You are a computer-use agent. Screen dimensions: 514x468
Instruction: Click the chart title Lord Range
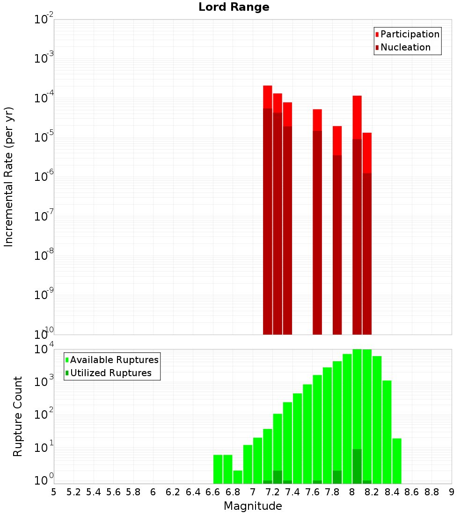pos(234,7)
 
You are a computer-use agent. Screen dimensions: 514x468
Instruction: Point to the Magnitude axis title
pos(253,506)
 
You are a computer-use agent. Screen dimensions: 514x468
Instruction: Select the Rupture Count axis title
pos(18,416)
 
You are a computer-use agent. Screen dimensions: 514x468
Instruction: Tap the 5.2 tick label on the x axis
pos(74,492)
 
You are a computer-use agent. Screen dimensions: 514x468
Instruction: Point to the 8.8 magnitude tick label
pos(431,492)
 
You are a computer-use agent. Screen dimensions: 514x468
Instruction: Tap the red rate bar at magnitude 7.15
pos(268,210)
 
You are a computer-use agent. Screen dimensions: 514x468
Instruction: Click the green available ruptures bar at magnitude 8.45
pos(397,461)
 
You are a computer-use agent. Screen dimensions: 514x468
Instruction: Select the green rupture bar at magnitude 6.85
pos(238,477)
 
